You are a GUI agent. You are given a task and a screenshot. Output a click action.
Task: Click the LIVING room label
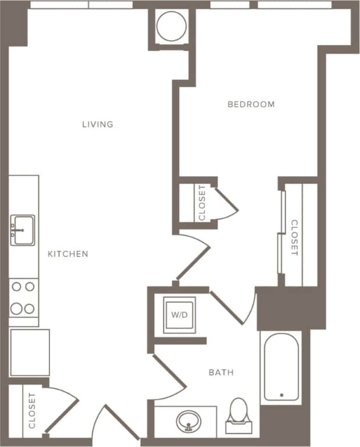[97, 124]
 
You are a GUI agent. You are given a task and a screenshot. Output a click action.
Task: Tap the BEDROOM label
[251, 104]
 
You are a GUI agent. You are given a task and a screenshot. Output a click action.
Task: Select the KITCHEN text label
[68, 254]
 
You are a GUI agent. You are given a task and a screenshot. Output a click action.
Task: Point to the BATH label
[221, 372]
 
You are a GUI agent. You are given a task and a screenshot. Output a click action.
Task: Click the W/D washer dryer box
[179, 315]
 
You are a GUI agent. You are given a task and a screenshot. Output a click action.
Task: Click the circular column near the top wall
[173, 27]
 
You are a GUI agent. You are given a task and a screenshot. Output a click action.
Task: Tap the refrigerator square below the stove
[30, 352]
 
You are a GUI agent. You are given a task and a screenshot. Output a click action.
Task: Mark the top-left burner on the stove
[16, 286]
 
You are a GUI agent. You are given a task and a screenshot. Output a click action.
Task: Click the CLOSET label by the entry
[32, 411]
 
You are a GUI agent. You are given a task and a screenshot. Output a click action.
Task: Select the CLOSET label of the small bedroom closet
[202, 203]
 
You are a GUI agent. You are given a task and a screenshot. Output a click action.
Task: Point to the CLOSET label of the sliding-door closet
[294, 237]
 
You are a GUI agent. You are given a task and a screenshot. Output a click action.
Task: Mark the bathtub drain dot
[281, 395]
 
